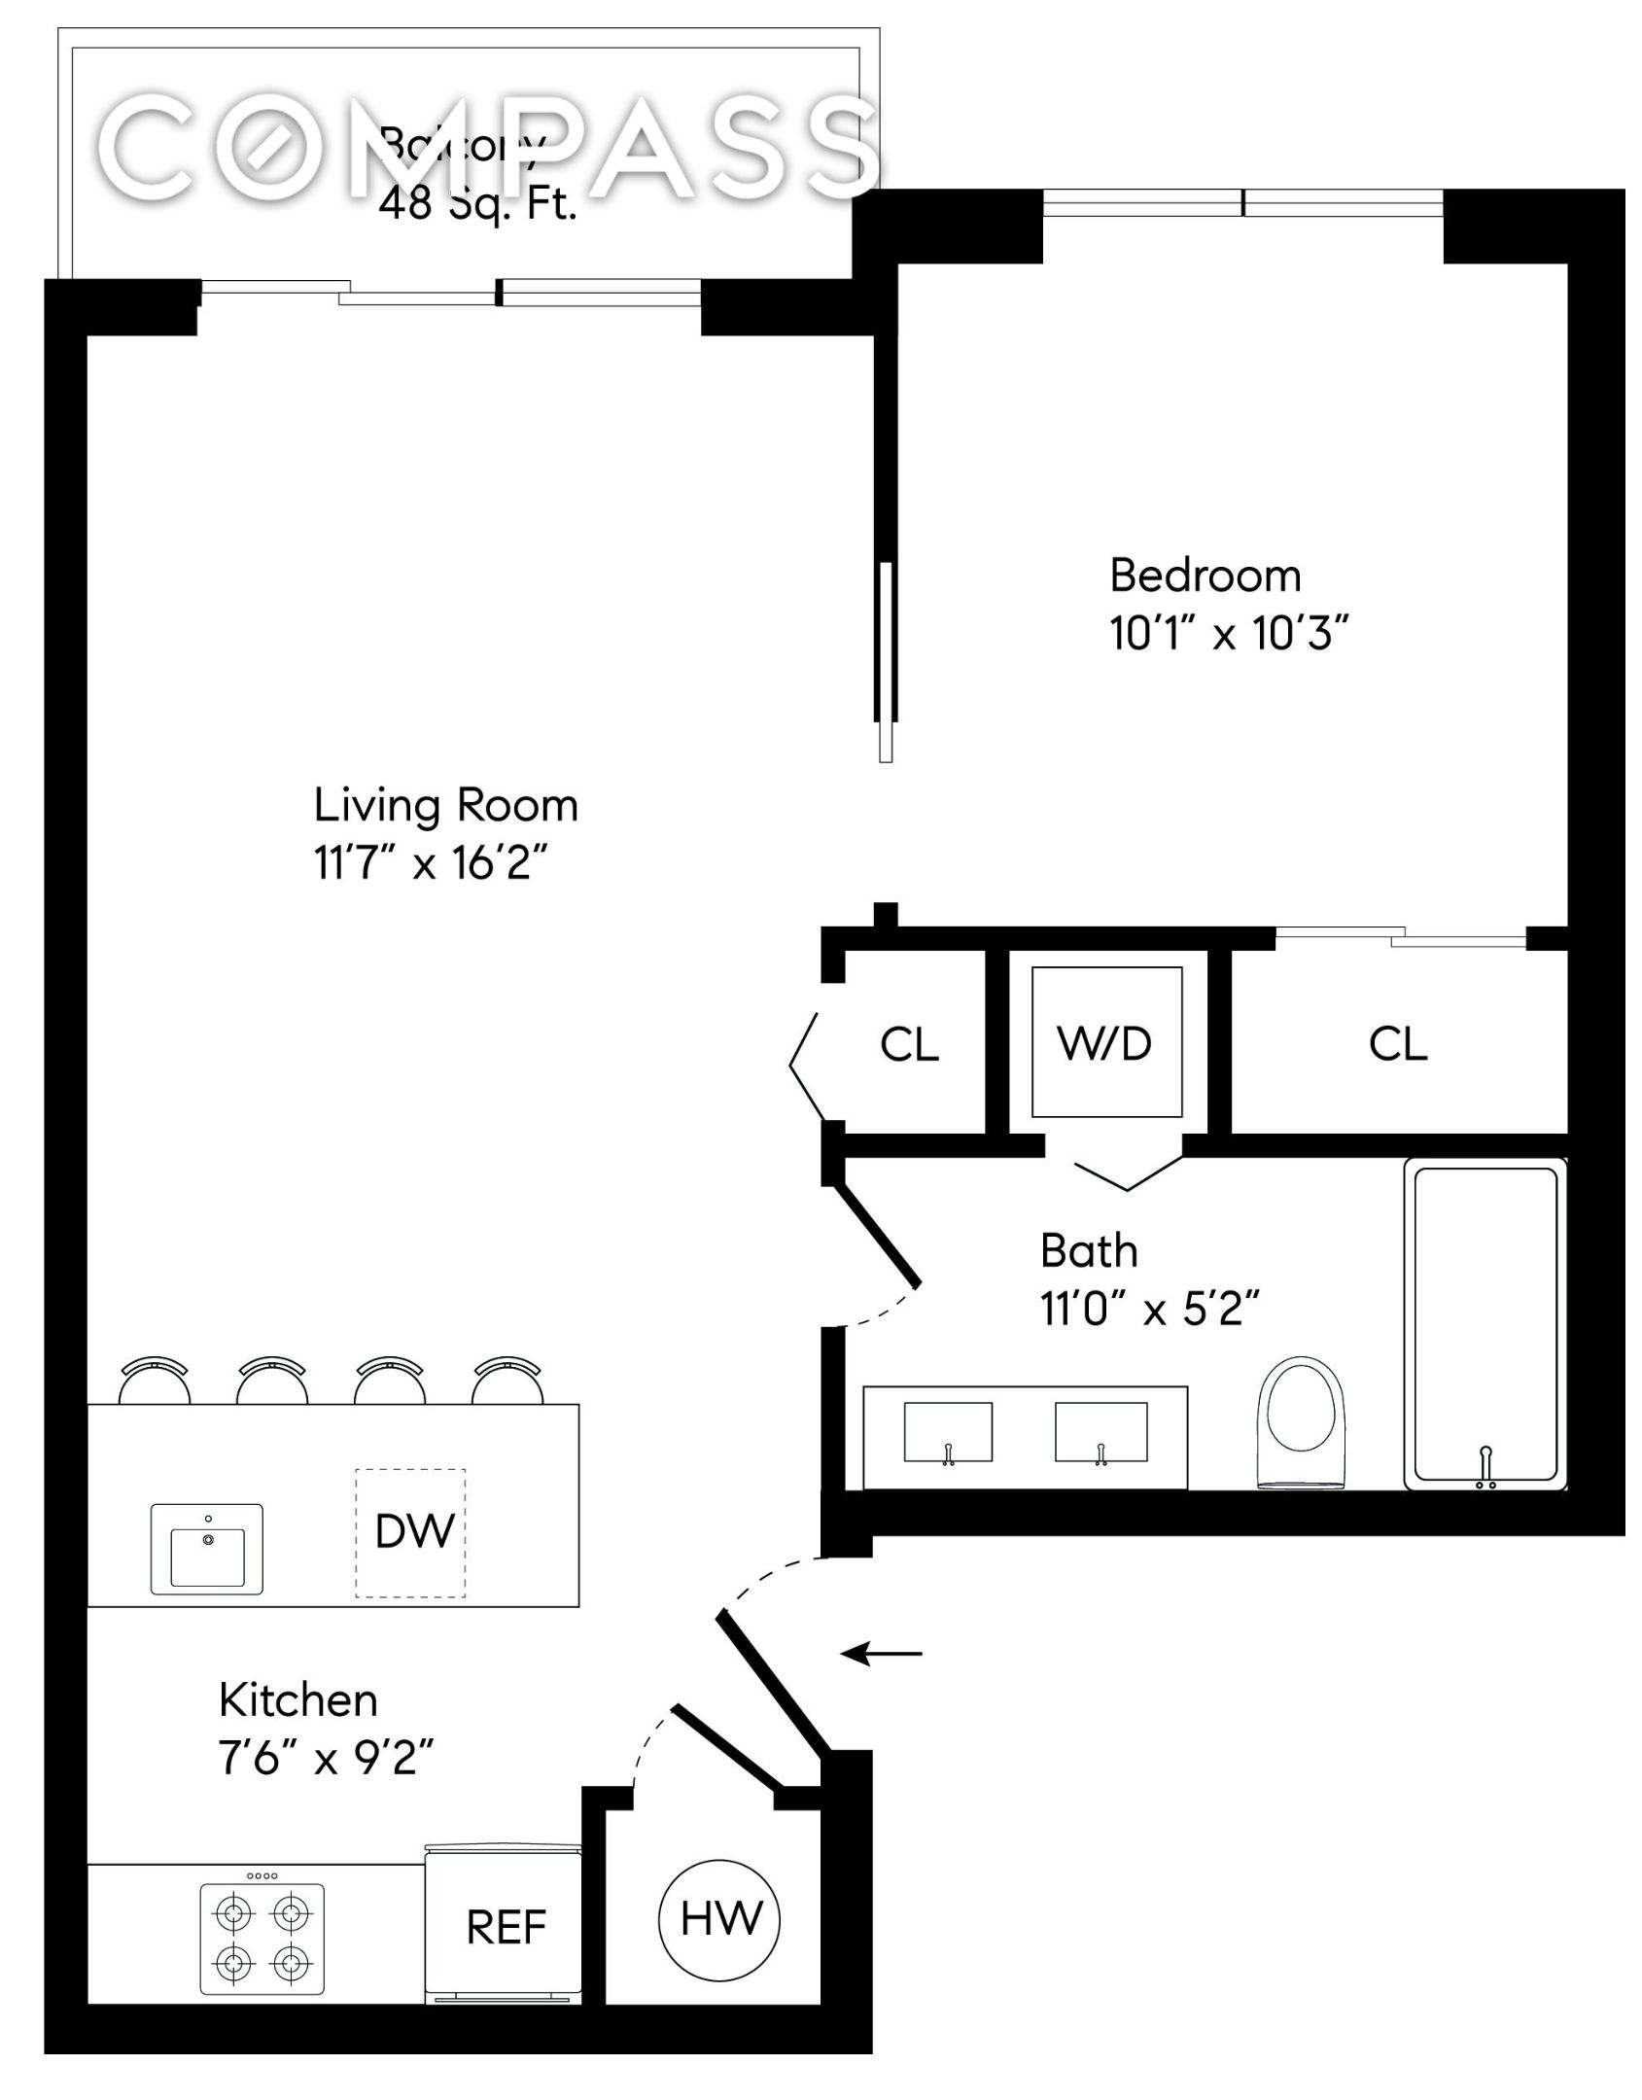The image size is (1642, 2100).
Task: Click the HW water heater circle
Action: point(719,1919)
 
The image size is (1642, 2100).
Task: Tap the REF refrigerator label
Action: point(506,1927)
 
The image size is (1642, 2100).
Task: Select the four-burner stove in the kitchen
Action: point(262,1939)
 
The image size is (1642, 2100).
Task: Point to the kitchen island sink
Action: point(206,1550)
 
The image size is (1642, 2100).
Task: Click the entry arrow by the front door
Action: point(881,1653)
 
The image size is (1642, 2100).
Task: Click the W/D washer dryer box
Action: point(1106,1042)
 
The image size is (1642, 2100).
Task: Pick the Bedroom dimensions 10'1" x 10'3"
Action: point(1229,635)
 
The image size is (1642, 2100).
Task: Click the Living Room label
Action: point(445,805)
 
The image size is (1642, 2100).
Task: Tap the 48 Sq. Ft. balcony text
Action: point(477,205)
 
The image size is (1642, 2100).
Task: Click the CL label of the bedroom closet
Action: point(1397,1044)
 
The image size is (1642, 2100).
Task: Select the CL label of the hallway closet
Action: point(909,1045)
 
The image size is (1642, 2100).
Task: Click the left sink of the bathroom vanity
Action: point(948,1432)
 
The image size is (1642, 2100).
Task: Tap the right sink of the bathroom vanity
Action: point(1100,1432)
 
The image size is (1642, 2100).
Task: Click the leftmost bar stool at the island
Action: point(154,1379)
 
